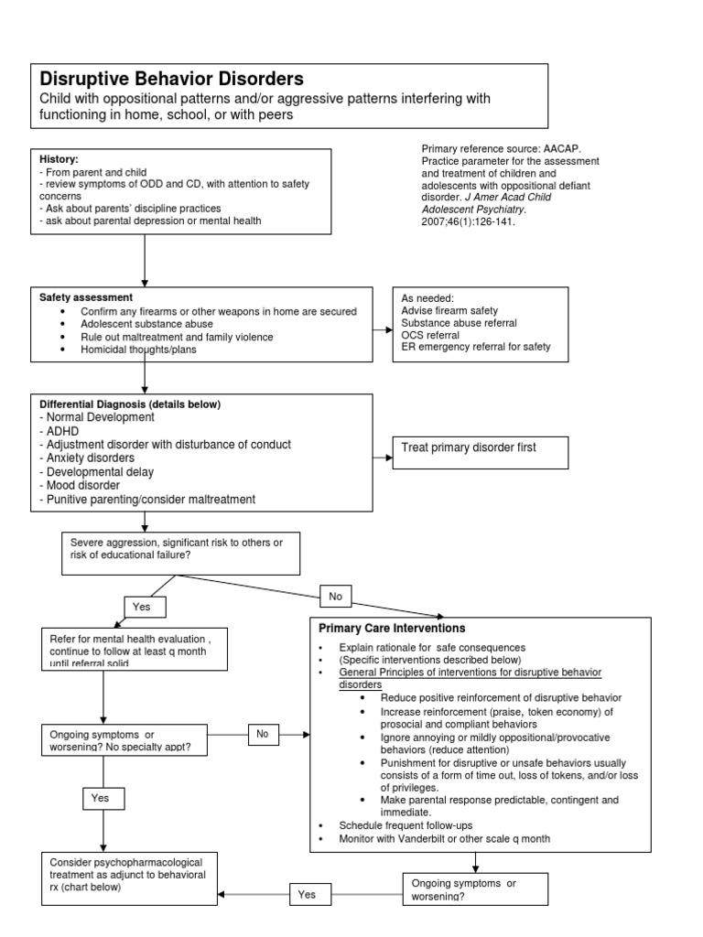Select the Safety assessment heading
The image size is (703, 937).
click(86, 297)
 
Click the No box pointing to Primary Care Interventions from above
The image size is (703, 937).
click(336, 596)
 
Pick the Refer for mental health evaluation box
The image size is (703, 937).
click(134, 647)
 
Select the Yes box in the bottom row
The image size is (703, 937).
click(305, 894)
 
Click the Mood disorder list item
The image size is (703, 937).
click(80, 486)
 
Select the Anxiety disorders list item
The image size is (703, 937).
click(87, 458)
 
